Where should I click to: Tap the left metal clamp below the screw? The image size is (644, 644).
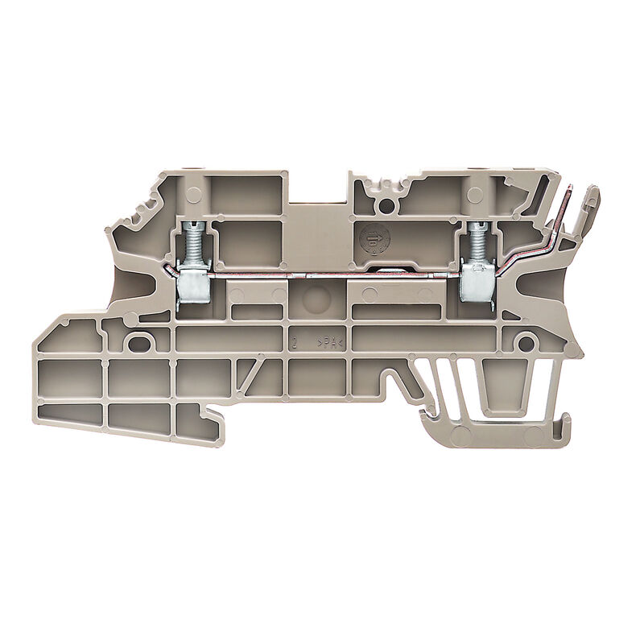pyautogui.click(x=192, y=283)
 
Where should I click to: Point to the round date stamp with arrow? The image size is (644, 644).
pyautogui.click(x=374, y=239)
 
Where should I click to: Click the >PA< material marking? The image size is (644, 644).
pyautogui.click(x=331, y=343)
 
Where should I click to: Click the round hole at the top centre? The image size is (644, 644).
pyautogui.click(x=387, y=205)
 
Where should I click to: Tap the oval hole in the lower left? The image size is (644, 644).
pyautogui.click(x=139, y=343)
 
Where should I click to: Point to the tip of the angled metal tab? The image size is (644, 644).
pyautogui.click(x=571, y=190)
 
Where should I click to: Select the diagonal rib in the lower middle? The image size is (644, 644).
pyautogui.click(x=252, y=373)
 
